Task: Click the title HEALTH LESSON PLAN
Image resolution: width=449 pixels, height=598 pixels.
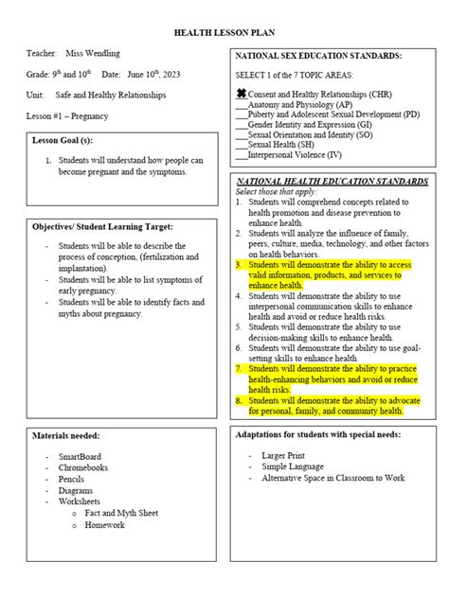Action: click(224, 32)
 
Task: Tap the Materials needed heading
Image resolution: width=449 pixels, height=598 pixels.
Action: click(66, 435)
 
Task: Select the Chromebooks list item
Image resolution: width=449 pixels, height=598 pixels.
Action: click(83, 467)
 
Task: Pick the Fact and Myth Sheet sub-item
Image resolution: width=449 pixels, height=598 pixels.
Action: click(120, 513)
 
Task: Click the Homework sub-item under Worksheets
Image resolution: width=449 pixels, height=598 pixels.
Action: click(104, 524)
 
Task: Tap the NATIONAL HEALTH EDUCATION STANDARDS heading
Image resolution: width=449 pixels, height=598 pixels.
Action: click(332, 180)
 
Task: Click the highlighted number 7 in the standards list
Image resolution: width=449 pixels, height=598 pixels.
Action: click(240, 368)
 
